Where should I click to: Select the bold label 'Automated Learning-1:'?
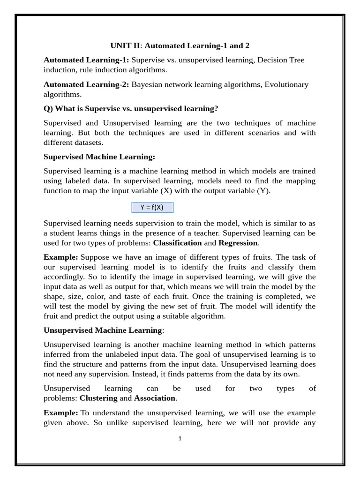point(86,60)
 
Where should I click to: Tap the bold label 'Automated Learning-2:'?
point(86,84)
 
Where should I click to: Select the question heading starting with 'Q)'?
point(131,109)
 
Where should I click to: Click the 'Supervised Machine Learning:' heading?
point(99,157)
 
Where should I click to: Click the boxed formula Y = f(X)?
point(152,207)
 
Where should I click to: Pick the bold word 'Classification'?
point(177,243)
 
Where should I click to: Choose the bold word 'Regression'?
point(238,243)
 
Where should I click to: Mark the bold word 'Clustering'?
point(98,398)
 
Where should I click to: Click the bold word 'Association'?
point(155,398)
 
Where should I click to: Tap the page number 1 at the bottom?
point(180,439)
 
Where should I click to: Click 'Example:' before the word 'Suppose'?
point(61,257)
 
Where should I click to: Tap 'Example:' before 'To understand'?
point(61,413)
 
